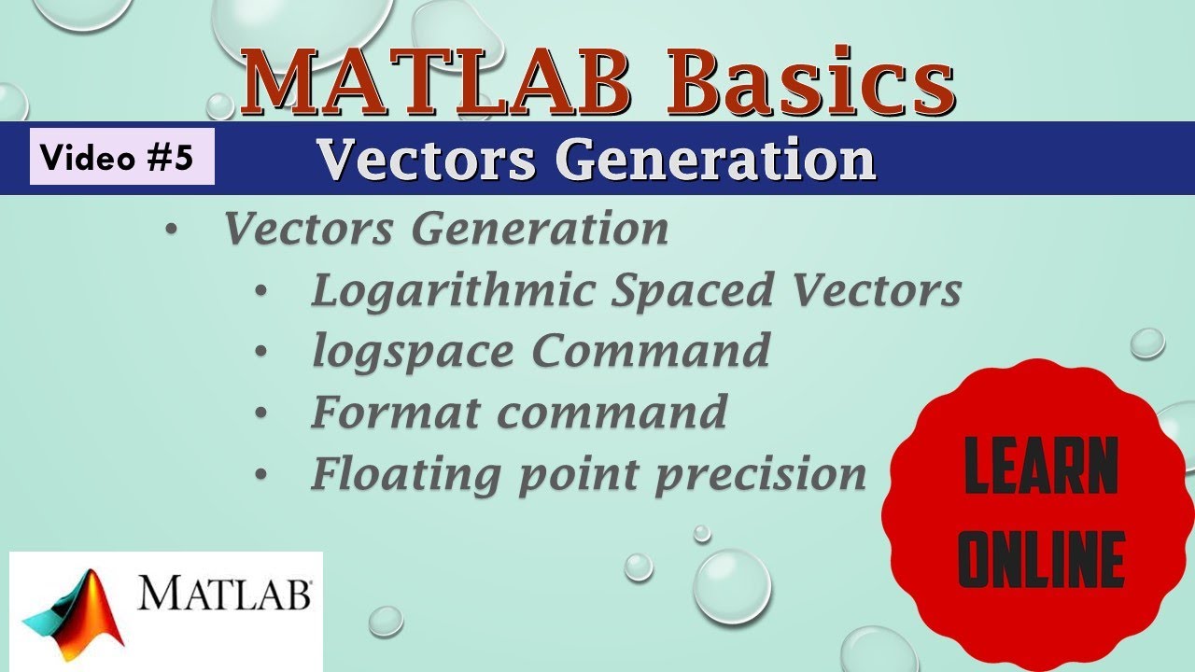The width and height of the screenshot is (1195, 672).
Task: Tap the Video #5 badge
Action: [x=121, y=157]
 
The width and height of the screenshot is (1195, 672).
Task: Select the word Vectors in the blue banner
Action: [x=426, y=160]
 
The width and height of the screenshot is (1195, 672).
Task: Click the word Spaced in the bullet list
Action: [x=693, y=290]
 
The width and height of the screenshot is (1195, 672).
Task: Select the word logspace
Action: [x=413, y=351]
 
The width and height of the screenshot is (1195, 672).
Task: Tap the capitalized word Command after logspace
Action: [x=651, y=351]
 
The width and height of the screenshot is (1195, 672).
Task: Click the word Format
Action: [x=396, y=412]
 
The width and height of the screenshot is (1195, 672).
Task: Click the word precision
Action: [x=760, y=473]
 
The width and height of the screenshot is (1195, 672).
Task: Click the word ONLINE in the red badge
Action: [x=1041, y=559]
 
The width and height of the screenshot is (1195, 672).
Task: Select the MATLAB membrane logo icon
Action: [x=74, y=612]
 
